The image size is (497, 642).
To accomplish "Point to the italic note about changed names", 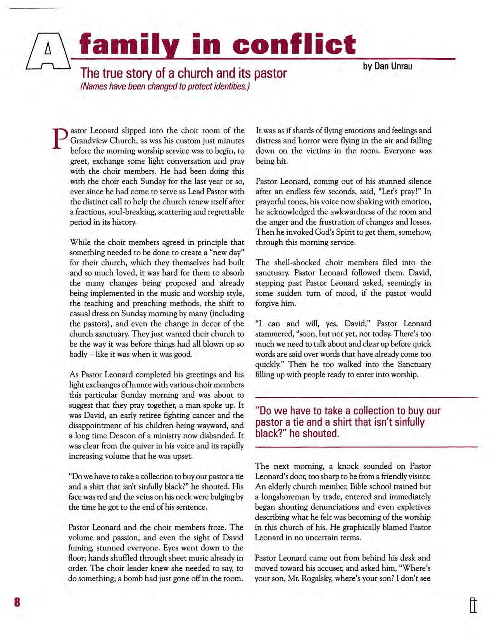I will pyautogui.click(x=164, y=86).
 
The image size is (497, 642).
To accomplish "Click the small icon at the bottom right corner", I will pyautogui.click(x=473, y=606).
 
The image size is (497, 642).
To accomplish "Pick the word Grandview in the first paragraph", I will pyautogui.click(x=87, y=141).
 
